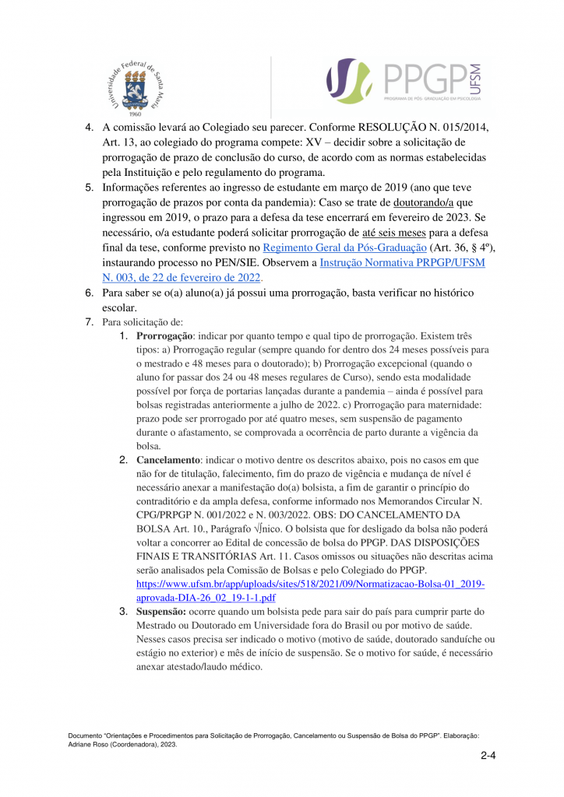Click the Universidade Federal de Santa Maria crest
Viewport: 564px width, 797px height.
pyautogui.click(x=134, y=85)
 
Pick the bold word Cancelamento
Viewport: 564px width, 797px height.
pyautogui.click(x=167, y=461)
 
